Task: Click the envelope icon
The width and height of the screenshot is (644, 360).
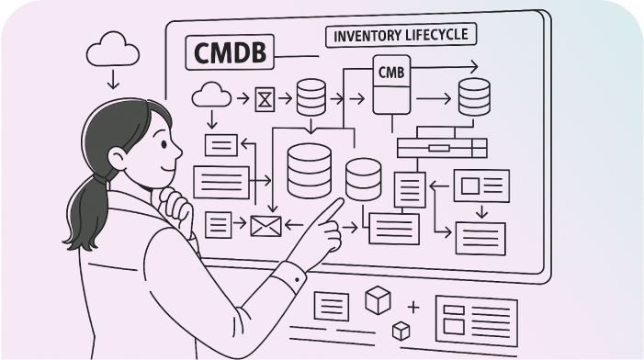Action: pyautogui.click(x=264, y=224)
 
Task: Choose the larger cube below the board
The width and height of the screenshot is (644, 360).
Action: pyautogui.click(x=378, y=299)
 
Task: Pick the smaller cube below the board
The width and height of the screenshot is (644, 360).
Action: pyautogui.click(x=400, y=329)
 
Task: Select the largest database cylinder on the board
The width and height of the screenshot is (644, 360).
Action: pyautogui.click(x=310, y=171)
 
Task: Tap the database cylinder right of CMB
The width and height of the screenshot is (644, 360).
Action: pyautogui.click(x=474, y=96)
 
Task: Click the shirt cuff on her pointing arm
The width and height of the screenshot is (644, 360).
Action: pyautogui.click(x=291, y=276)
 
